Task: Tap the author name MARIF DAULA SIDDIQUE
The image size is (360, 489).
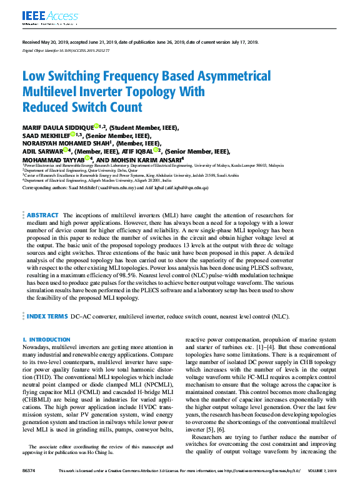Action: click(59, 127)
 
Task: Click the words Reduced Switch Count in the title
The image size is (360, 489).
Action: click(82, 107)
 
